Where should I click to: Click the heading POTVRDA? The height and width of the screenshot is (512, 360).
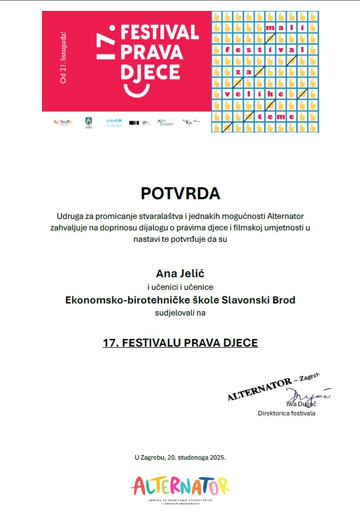[x=180, y=193]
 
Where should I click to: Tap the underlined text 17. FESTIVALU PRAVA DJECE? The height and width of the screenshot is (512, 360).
[x=180, y=343]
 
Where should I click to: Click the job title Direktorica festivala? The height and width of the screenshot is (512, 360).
[x=286, y=413]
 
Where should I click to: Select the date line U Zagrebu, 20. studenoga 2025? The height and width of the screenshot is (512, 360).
[x=180, y=457]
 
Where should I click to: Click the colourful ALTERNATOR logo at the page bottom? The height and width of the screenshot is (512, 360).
[x=180, y=486]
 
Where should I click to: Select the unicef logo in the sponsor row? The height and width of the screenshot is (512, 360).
[x=113, y=121]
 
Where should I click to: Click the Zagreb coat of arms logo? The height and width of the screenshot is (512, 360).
[x=88, y=122]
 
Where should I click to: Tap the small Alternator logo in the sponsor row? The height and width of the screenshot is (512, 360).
[x=63, y=122]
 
